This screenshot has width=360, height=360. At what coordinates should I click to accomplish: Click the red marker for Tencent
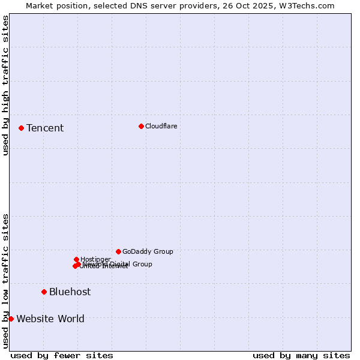click(x=21, y=128)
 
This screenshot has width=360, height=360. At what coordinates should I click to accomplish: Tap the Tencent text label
click(x=45, y=128)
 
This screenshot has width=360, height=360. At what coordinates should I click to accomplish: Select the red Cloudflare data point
click(x=141, y=126)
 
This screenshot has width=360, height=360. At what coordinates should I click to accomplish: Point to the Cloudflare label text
click(x=161, y=126)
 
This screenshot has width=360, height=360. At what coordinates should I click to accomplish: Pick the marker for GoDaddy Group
click(x=118, y=251)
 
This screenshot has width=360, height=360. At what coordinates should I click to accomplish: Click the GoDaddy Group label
click(x=148, y=251)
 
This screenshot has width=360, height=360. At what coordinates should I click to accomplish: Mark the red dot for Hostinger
click(x=76, y=259)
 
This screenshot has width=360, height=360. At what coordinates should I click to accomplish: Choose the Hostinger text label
click(x=95, y=259)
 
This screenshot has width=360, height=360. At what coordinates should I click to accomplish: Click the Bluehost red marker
click(x=44, y=292)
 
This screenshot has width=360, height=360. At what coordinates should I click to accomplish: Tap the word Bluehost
click(x=70, y=292)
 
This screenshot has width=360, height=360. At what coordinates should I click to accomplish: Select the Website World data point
click(x=11, y=319)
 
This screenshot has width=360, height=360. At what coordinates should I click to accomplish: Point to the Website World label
click(x=50, y=319)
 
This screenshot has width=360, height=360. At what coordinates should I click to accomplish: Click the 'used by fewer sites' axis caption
click(x=62, y=355)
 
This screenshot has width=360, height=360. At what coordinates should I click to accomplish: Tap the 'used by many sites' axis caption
click(x=301, y=355)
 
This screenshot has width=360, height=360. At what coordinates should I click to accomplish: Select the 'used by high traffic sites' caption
click(x=5, y=85)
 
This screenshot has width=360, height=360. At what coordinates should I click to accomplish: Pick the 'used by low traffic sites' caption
click(x=5, y=281)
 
